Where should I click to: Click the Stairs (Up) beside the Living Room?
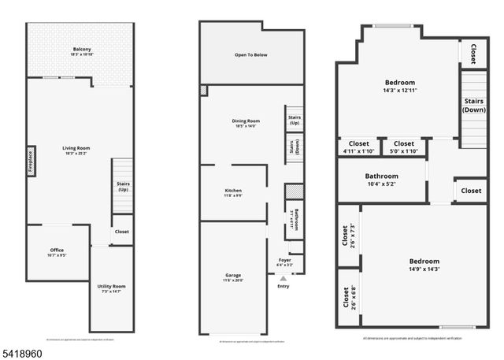tap(122, 186)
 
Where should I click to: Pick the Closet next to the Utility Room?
tap(121, 232)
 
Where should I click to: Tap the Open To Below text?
tap(250, 55)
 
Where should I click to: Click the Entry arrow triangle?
tap(283, 277)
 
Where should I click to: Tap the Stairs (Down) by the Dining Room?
tap(295, 147)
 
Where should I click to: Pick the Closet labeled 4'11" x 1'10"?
tap(358, 147)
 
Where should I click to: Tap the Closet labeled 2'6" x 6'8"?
tap(346, 296)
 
